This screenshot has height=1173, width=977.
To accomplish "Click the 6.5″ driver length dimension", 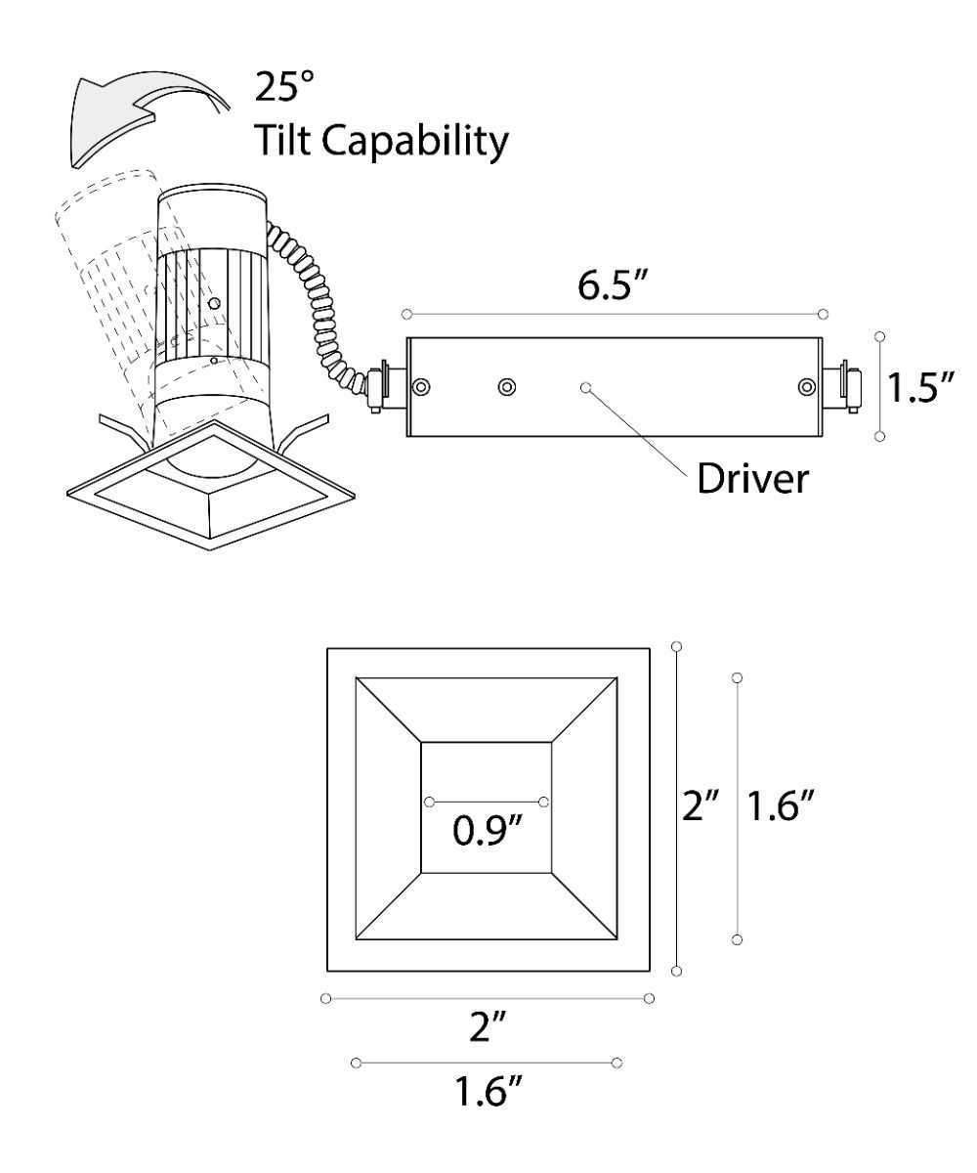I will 615,291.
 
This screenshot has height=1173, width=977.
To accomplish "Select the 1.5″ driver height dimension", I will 919,387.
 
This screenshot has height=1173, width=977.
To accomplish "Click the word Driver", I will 752,479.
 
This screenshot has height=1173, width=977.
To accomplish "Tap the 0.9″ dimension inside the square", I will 487,833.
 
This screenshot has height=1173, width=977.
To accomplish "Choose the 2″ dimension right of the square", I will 701,807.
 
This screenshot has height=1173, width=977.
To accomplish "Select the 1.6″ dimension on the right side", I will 780,807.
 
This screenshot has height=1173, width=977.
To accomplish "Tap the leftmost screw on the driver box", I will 421,387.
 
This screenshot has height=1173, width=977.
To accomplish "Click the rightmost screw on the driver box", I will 806,387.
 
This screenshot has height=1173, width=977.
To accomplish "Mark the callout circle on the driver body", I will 585,387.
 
